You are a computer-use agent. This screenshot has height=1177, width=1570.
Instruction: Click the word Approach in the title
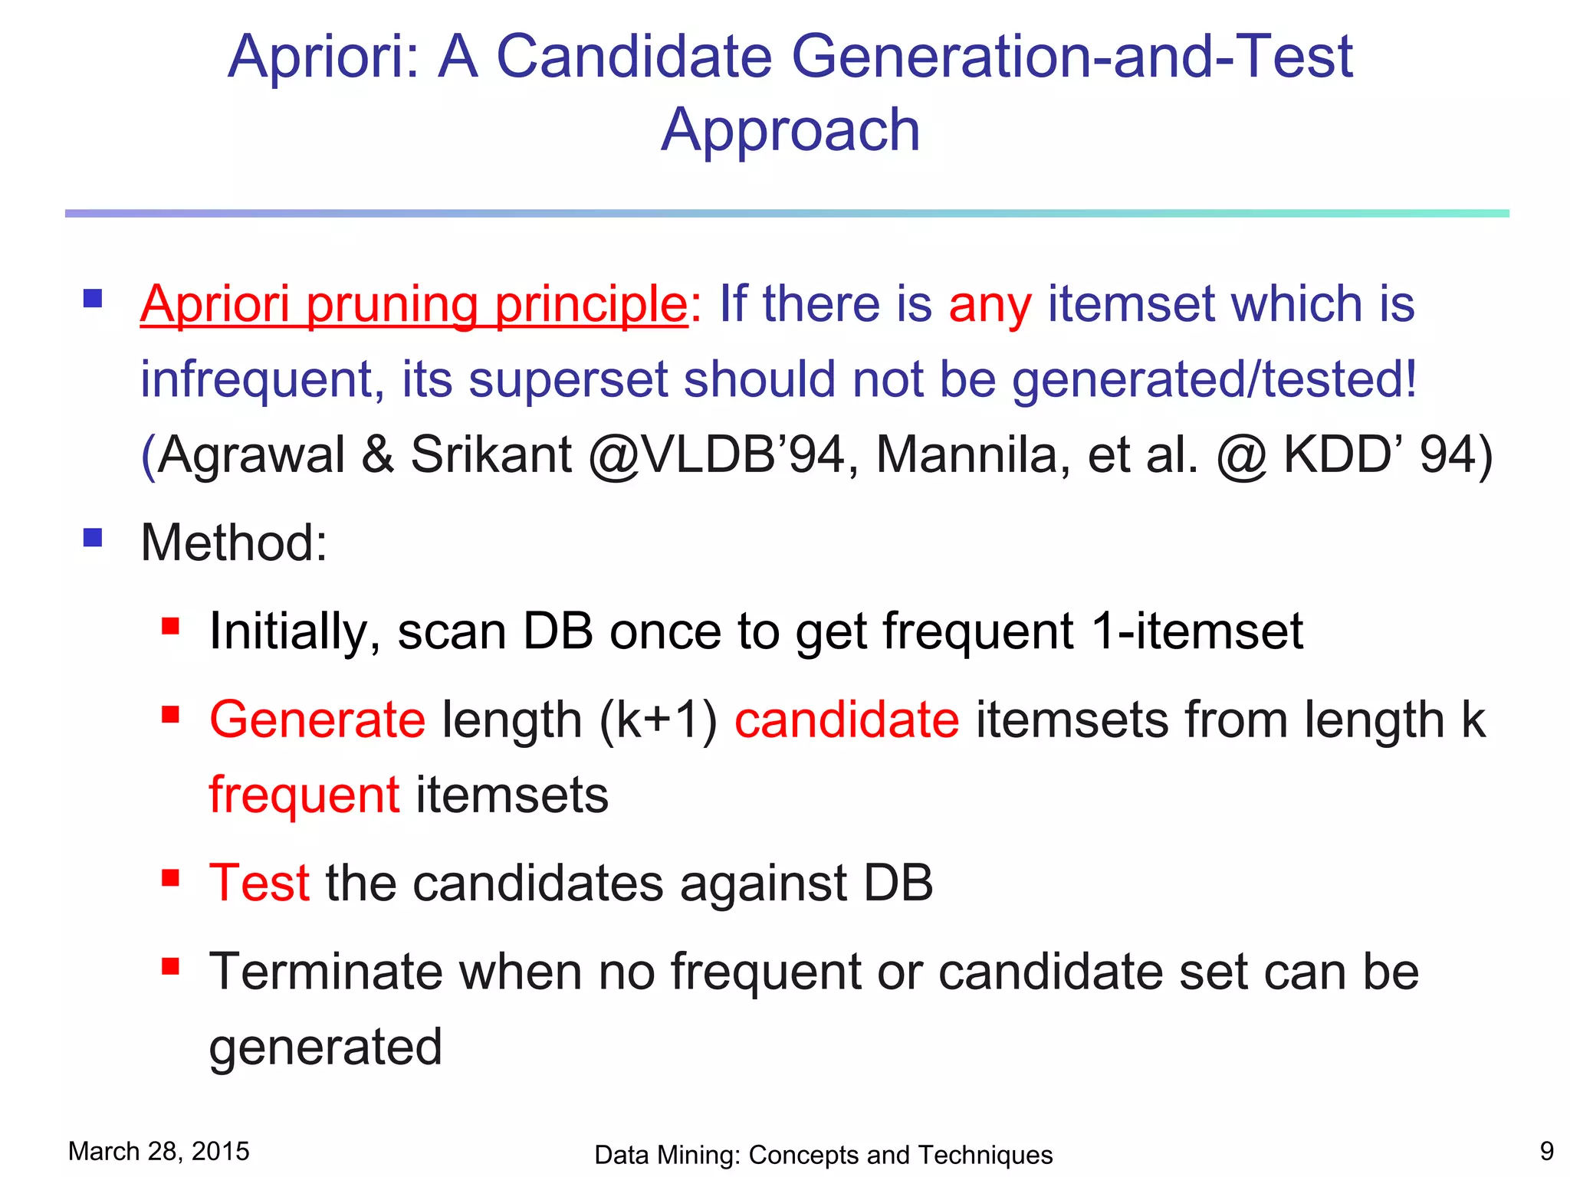tap(790, 130)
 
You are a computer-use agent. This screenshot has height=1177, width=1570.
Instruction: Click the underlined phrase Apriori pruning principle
tap(414, 304)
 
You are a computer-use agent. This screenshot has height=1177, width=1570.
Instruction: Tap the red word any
tap(990, 305)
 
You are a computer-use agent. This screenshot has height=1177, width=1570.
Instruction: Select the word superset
tap(568, 379)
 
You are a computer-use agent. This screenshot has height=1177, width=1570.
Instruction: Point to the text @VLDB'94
tap(716, 454)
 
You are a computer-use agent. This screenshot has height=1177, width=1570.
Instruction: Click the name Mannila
tap(972, 454)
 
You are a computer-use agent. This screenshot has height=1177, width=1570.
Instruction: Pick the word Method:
tap(234, 543)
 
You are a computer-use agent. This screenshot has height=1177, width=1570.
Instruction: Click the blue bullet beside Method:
tap(93, 537)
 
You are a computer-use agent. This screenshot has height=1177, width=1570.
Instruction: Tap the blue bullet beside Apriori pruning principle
tap(93, 298)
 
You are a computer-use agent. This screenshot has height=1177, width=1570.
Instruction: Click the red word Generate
tap(317, 720)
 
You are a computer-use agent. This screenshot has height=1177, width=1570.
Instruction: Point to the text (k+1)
tap(658, 720)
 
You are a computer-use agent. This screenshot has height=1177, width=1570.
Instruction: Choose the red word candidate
tap(846, 720)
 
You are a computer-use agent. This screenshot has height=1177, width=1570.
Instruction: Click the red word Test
tap(259, 883)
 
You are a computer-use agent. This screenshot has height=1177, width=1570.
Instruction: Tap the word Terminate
tap(326, 972)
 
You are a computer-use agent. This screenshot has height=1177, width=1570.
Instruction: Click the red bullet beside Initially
tap(170, 627)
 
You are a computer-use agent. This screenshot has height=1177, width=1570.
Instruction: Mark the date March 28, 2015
tap(159, 1151)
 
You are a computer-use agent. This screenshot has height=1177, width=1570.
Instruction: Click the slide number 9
tap(1546, 1151)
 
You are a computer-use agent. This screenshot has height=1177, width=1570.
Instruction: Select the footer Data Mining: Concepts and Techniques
tap(823, 1155)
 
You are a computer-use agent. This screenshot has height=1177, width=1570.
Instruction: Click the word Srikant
tap(491, 454)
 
